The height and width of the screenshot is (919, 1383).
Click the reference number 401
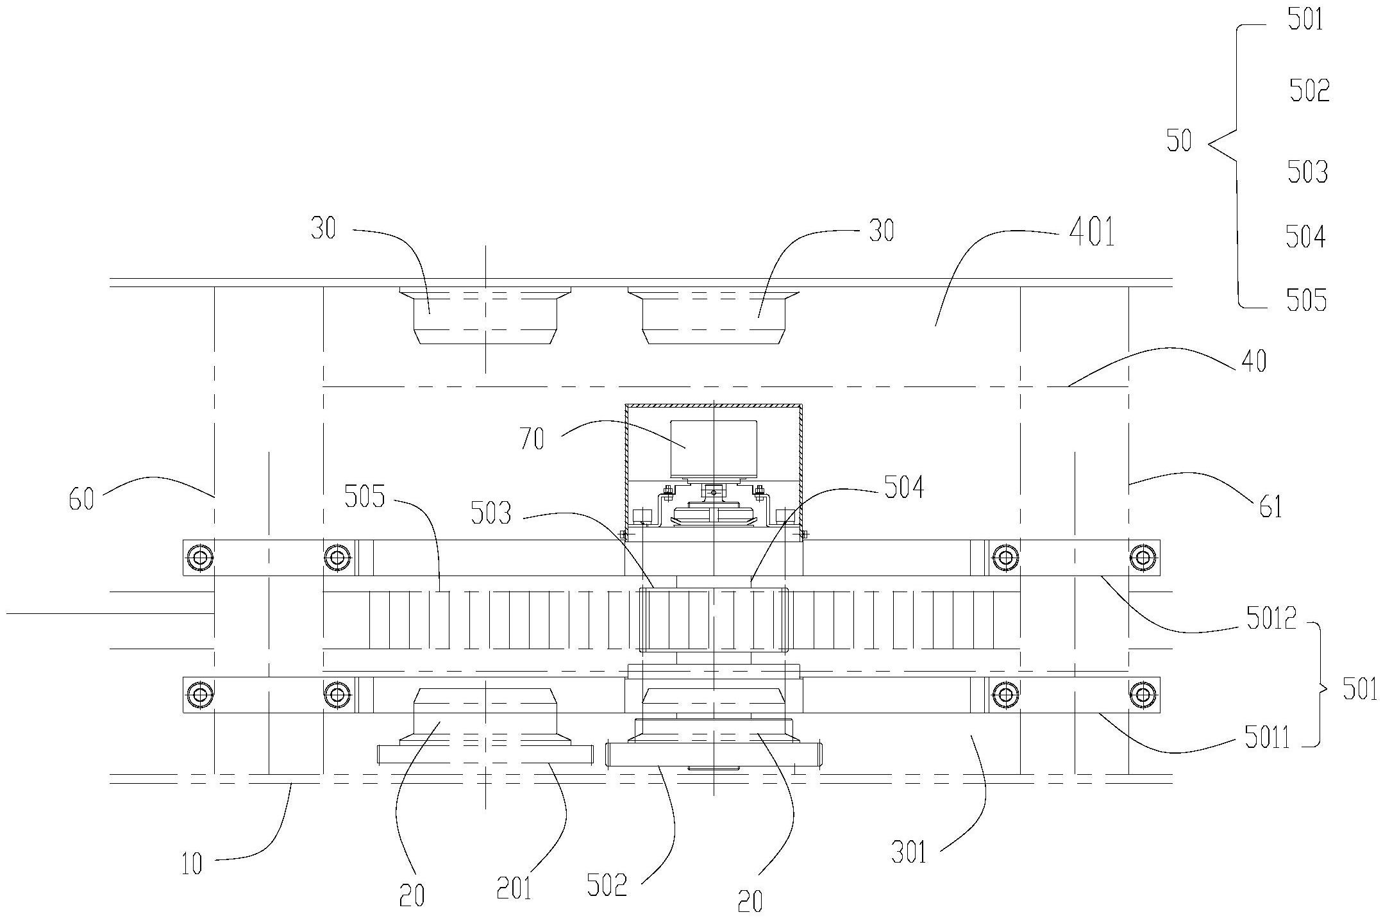[1092, 233]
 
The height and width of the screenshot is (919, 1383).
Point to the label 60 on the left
[82, 499]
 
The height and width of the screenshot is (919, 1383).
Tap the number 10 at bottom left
[192, 865]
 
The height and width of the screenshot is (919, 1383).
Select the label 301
[910, 853]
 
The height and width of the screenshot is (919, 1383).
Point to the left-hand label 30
[323, 229]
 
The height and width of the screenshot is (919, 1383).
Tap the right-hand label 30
[882, 231]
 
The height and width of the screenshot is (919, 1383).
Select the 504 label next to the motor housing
[905, 488]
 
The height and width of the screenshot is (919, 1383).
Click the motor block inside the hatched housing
[714, 448]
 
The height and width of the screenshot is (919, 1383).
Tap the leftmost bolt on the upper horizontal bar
[200, 558]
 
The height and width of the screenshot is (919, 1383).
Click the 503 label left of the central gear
[491, 513]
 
